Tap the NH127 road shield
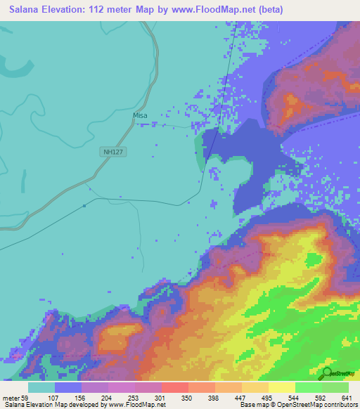(112, 151)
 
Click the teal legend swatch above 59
(41, 387)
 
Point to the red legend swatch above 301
(174, 387)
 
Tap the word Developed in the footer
(80, 405)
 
